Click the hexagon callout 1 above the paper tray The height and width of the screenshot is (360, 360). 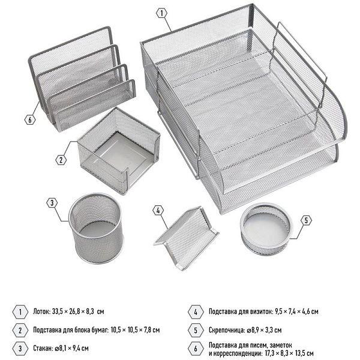(x=161, y=13)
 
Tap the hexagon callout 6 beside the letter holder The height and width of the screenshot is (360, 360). (x=30, y=119)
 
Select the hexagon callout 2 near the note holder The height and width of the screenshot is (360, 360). (x=61, y=160)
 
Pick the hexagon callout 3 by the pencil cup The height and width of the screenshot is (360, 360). (x=52, y=203)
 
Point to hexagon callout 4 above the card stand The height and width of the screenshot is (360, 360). (x=158, y=211)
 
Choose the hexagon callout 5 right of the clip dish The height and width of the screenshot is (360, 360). (x=306, y=221)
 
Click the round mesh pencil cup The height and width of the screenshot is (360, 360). (x=96, y=228)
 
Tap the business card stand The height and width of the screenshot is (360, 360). (x=187, y=238)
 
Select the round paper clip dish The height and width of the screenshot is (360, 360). (x=266, y=229)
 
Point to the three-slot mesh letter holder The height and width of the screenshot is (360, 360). (x=82, y=79)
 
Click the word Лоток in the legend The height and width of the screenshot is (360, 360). (x=41, y=311)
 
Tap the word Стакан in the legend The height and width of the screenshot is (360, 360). (x=43, y=348)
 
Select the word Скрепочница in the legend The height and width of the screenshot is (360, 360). (x=227, y=330)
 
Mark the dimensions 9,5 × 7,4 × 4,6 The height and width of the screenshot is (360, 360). (x=292, y=311)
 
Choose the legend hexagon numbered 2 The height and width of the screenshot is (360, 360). (x=20, y=330)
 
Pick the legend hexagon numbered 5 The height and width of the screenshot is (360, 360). (x=196, y=330)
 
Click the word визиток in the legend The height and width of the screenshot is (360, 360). (x=260, y=311)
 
